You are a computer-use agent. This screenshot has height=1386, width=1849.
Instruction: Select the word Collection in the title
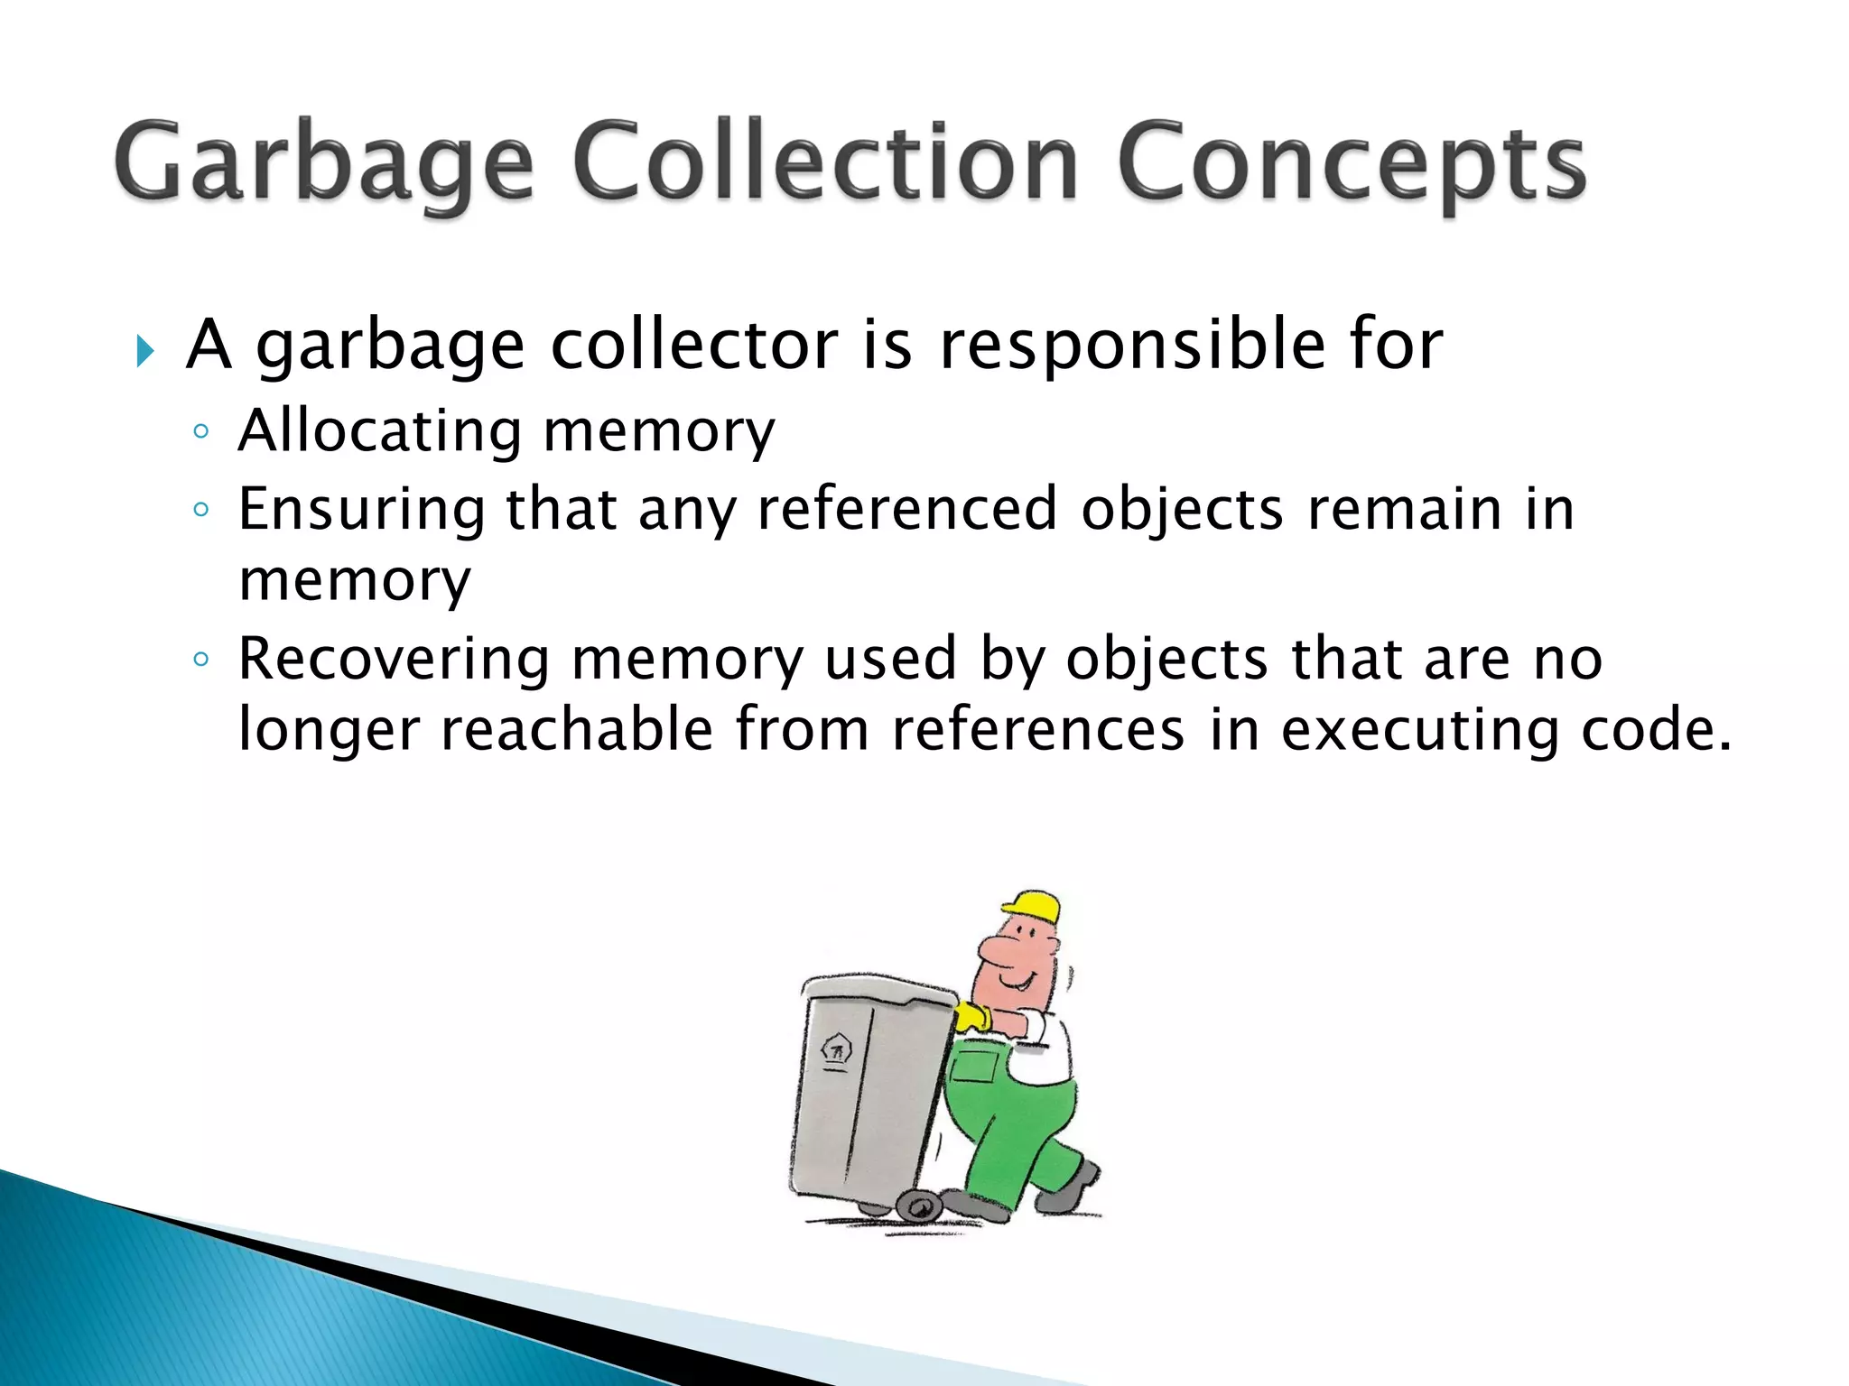click(824, 162)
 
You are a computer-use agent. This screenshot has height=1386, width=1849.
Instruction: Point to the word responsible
click(1132, 346)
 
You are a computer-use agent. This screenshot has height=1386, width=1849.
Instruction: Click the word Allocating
click(379, 430)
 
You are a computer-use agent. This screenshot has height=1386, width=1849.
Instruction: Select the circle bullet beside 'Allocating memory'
click(200, 432)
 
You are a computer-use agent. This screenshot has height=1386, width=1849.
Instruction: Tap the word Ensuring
click(361, 511)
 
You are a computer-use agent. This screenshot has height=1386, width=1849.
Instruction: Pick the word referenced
click(906, 509)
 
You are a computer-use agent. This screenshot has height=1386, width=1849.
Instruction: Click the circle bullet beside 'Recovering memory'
click(200, 660)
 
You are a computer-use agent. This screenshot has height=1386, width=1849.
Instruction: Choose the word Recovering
click(394, 660)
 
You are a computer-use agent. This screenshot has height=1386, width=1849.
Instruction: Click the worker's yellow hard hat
click(1035, 906)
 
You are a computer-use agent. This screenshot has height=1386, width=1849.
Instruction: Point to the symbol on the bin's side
click(836, 1050)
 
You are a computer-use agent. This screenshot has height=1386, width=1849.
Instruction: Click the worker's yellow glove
click(973, 1017)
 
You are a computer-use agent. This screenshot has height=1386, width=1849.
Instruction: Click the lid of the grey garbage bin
click(876, 988)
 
